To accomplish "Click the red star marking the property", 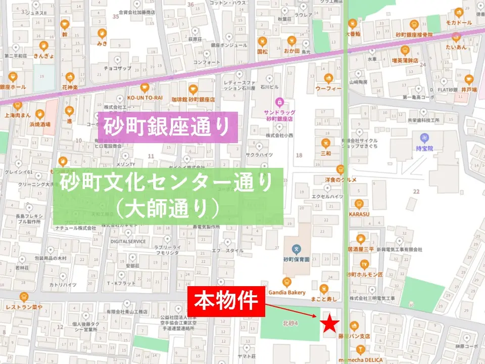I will (x=330, y=323).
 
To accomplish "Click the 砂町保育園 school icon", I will (x=296, y=249).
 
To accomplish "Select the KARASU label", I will (x=359, y=214).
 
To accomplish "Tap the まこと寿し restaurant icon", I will (x=324, y=289).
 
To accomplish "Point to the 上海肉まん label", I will (x=18, y=115).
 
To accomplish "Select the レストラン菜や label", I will (x=23, y=307).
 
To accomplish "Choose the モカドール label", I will (x=458, y=23).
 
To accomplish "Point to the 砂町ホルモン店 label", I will (x=364, y=274).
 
